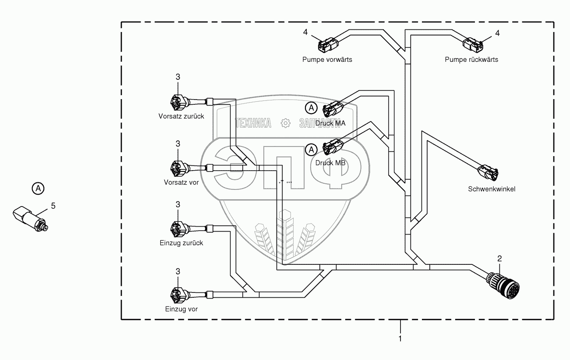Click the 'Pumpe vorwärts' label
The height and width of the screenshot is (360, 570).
pyautogui.click(x=327, y=60)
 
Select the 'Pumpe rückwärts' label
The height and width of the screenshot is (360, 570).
pyautogui.click(x=471, y=60)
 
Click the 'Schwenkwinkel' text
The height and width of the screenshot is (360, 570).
pyautogui.click(x=491, y=189)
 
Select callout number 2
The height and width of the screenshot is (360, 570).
pyautogui.click(x=499, y=258)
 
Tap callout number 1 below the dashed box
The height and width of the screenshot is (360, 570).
pyautogui.click(x=400, y=339)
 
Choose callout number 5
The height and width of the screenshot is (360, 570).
pyautogui.click(x=54, y=205)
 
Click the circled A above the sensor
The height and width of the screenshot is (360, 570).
pyautogui.click(x=38, y=189)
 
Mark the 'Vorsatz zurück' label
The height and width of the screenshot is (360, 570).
pyautogui.click(x=181, y=116)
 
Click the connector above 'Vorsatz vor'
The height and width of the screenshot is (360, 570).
pyautogui.click(x=178, y=168)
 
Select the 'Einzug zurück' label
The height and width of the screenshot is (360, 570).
pyautogui.click(x=181, y=242)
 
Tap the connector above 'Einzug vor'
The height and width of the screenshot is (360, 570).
pyautogui.click(x=178, y=294)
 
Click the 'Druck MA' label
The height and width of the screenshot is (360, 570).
pyautogui.click(x=333, y=124)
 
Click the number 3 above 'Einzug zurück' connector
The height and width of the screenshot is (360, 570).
pyautogui.click(x=178, y=204)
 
